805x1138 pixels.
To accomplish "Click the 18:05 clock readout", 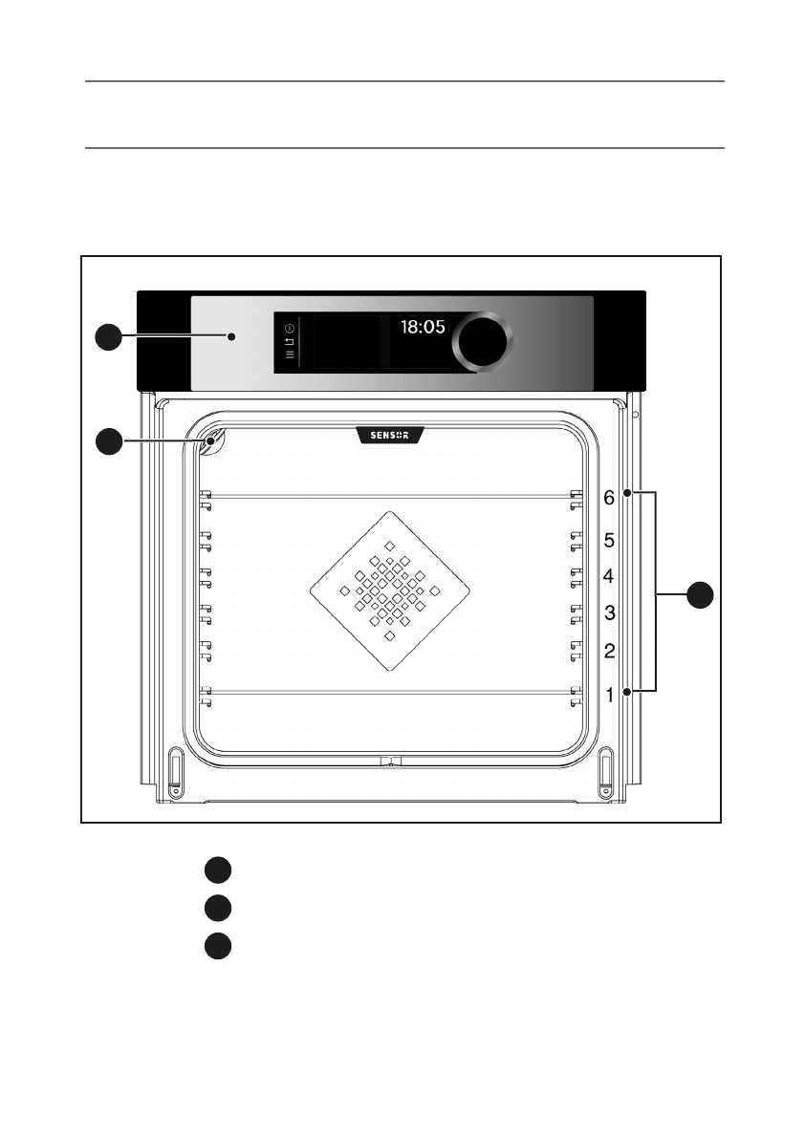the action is pyautogui.click(x=423, y=327).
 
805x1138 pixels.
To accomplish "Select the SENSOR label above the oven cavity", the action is pyautogui.click(x=390, y=436).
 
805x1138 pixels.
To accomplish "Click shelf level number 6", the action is pyautogui.click(x=608, y=498).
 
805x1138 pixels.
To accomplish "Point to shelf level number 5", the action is pyautogui.click(x=608, y=540).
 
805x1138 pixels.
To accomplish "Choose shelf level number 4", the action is pyautogui.click(x=608, y=576).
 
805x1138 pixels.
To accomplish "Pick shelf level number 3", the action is pyautogui.click(x=608, y=612).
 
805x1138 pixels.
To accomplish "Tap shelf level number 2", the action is pyautogui.click(x=608, y=652).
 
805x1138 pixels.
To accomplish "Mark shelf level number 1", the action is pyautogui.click(x=608, y=696).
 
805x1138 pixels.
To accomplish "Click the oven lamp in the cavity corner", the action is pyautogui.click(x=212, y=440).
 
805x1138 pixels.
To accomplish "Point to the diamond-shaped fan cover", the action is pyautogui.click(x=390, y=590).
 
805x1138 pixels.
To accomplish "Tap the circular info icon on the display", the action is pyautogui.click(x=290, y=328).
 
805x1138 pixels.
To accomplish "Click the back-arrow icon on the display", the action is pyautogui.click(x=290, y=340).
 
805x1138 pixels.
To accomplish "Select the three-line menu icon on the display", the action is pyautogui.click(x=290, y=354).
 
